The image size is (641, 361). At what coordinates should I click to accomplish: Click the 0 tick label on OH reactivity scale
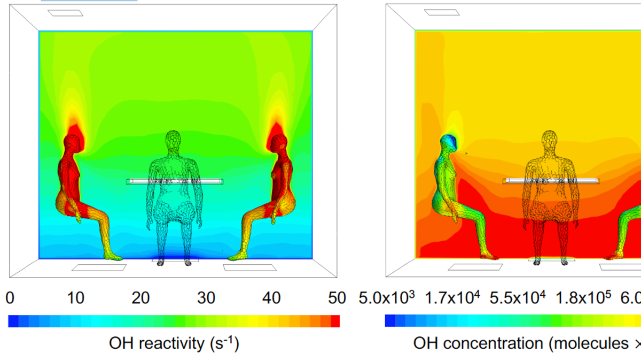10,298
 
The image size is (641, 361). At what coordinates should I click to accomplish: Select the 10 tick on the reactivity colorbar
75,298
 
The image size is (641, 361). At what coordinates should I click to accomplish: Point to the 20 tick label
141,298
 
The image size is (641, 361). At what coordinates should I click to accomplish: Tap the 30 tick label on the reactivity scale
206,298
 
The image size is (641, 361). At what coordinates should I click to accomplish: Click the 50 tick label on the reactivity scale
337,298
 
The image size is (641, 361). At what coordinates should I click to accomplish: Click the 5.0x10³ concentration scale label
386,297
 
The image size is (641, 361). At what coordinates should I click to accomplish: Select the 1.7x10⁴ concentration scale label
452,297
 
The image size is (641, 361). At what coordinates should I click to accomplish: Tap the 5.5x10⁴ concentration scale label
518,297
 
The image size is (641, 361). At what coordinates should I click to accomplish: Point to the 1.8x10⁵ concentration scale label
583,297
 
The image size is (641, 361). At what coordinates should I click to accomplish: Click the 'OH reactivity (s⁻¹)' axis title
174,342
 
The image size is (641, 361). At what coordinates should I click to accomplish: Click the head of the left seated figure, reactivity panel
73,143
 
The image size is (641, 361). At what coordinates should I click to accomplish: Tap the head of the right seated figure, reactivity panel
278,143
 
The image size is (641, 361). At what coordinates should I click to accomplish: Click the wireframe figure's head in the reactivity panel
173,142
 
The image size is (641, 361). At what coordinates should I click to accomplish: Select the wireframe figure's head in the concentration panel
550,142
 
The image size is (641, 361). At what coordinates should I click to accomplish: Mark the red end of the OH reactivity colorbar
335,321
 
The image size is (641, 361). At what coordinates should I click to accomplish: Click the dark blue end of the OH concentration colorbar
389,320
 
